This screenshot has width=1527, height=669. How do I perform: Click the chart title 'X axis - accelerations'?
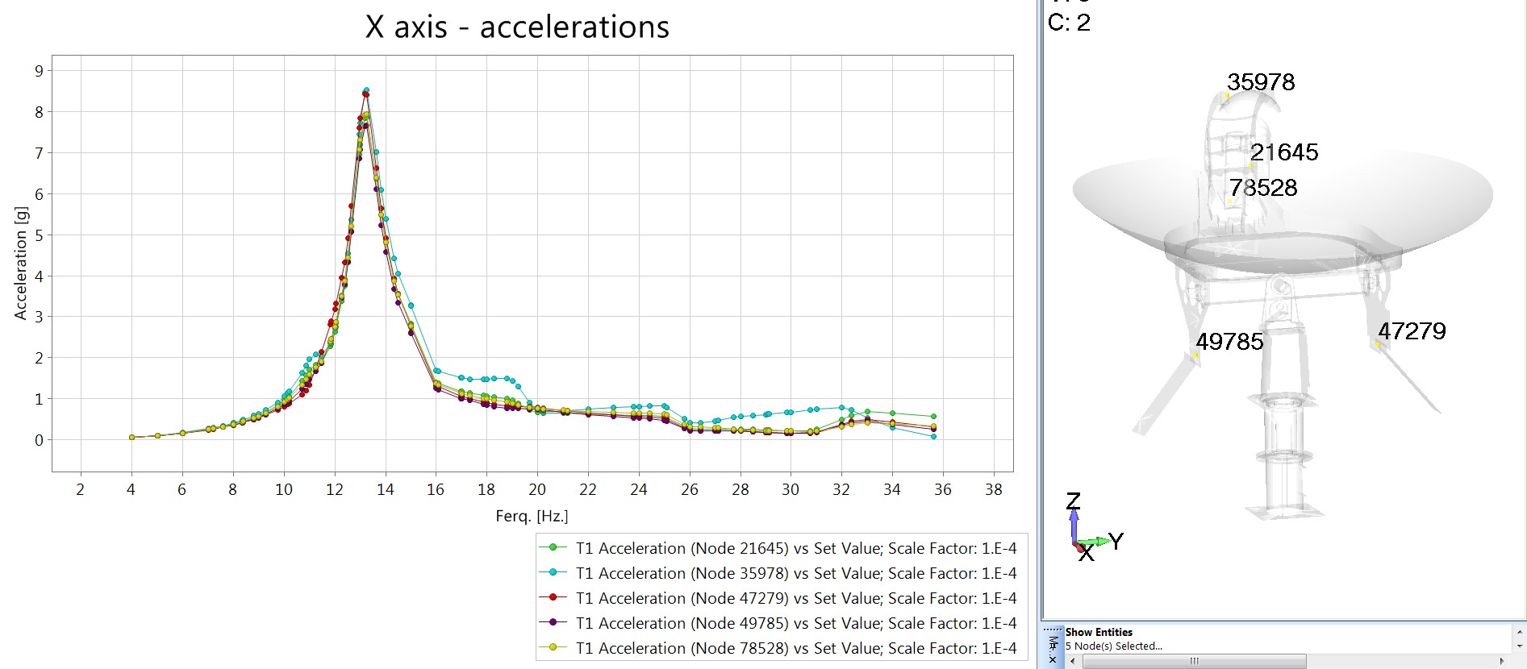pyautogui.click(x=517, y=27)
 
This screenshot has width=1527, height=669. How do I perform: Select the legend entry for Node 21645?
pyautogui.click(x=778, y=548)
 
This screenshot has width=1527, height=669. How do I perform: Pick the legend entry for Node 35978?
pyautogui.click(x=778, y=573)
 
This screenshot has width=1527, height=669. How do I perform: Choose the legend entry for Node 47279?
pyautogui.click(x=778, y=598)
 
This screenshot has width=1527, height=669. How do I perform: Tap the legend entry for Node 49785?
pyautogui.click(x=778, y=623)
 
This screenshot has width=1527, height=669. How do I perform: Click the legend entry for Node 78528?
pyautogui.click(x=778, y=648)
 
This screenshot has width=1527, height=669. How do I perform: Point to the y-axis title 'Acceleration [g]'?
pyautogui.click(x=21, y=264)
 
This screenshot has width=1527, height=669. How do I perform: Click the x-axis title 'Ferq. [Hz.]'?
pyautogui.click(x=532, y=516)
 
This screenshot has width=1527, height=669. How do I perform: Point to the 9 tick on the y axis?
pyautogui.click(x=39, y=71)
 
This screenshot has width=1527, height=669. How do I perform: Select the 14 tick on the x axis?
pyautogui.click(x=386, y=489)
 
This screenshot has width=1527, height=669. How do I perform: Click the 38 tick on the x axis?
pyautogui.click(x=994, y=489)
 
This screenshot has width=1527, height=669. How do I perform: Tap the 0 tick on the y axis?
pyautogui.click(x=39, y=440)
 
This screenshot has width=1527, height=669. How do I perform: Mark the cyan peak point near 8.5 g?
pyautogui.click(x=366, y=90)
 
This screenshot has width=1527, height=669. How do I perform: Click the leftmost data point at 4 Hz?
pyautogui.click(x=131, y=438)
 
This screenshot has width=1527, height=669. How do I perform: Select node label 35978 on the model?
pyautogui.click(x=1261, y=82)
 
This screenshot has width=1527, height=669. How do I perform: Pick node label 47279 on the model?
pyautogui.click(x=1412, y=331)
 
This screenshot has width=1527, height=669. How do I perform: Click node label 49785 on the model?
pyautogui.click(x=1229, y=342)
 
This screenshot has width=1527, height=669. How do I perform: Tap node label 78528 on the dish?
pyautogui.click(x=1263, y=188)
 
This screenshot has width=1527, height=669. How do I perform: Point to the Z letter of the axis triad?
pyautogui.click(x=1073, y=501)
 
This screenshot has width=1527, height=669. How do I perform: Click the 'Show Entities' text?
pyautogui.click(x=1099, y=632)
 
